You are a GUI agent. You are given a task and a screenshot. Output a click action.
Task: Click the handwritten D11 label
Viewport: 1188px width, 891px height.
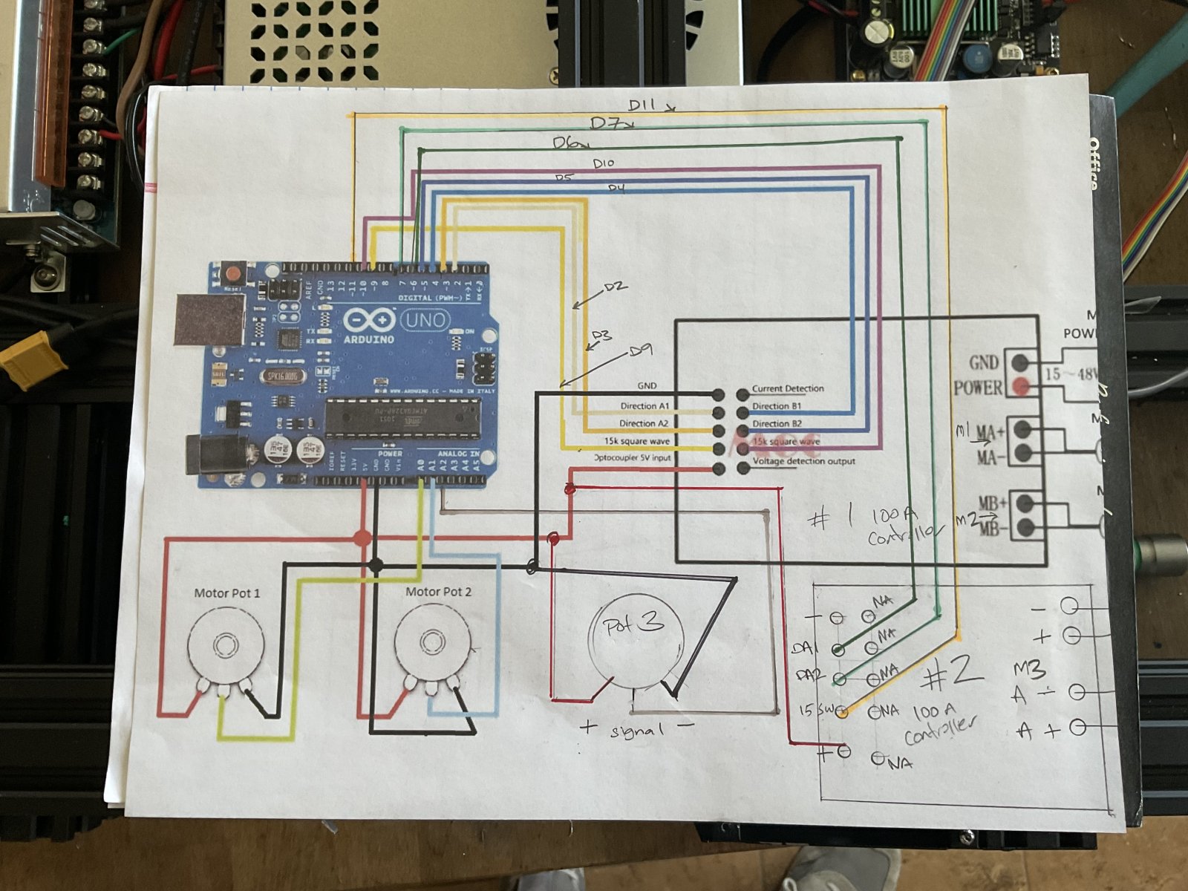[x=643, y=105]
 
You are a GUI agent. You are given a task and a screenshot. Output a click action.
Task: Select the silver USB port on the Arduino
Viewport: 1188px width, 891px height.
[x=210, y=320]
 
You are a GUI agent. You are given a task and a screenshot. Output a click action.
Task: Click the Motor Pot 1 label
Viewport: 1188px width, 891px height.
[x=226, y=593]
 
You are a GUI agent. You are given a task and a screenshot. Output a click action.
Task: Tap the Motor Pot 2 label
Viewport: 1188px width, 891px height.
[x=438, y=592]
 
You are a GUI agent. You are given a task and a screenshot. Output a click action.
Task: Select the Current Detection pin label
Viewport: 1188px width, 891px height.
[x=788, y=388]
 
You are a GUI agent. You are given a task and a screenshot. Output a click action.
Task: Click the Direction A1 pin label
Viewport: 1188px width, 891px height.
[x=644, y=406]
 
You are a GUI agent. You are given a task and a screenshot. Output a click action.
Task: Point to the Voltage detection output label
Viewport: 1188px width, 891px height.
[x=803, y=461]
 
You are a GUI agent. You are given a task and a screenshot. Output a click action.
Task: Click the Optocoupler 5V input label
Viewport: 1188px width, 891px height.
[x=633, y=458]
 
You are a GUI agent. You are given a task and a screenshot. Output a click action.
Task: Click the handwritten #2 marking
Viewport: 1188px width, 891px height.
[x=954, y=672]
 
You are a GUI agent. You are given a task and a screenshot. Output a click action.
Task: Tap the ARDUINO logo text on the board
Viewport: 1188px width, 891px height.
[x=369, y=339]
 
